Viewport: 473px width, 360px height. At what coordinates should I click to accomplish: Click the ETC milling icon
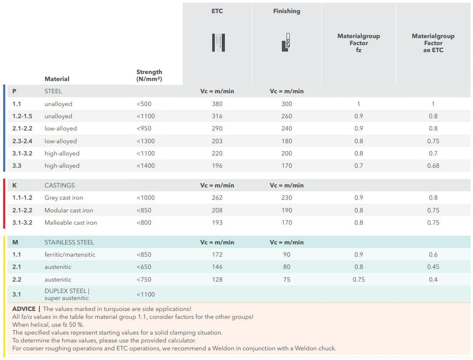[x=218, y=43]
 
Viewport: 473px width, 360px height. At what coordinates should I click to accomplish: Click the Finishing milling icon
[x=287, y=43]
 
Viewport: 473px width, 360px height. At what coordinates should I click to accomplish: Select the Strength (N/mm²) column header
[x=149, y=76]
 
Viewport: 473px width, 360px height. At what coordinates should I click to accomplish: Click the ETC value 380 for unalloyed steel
[x=217, y=104]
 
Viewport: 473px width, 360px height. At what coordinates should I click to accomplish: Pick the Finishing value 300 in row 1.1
[x=286, y=104]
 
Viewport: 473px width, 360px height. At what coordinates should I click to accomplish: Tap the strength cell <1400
[x=146, y=166]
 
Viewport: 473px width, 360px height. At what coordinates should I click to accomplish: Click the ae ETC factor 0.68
[x=433, y=166]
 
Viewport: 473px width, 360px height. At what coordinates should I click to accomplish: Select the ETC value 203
[x=217, y=141]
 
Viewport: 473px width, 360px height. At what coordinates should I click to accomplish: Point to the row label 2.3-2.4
[x=23, y=141]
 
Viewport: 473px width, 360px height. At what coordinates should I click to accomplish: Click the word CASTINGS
[x=59, y=185]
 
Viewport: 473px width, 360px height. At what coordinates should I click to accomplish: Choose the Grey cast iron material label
[x=63, y=197]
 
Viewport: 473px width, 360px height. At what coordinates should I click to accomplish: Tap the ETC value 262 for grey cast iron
[x=217, y=197]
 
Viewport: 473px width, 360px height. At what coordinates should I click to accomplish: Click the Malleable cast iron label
[x=71, y=223]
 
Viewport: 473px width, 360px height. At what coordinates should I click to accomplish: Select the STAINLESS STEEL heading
[x=69, y=242]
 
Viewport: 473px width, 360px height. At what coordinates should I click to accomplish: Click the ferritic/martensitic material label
[x=69, y=255]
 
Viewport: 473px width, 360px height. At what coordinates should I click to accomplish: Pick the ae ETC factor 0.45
[x=433, y=267]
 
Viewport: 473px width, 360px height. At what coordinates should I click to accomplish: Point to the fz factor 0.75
[x=358, y=280]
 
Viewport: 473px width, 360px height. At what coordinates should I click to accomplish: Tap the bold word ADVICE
[x=24, y=309]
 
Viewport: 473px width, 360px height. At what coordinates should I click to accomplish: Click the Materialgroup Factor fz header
[x=358, y=43]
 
